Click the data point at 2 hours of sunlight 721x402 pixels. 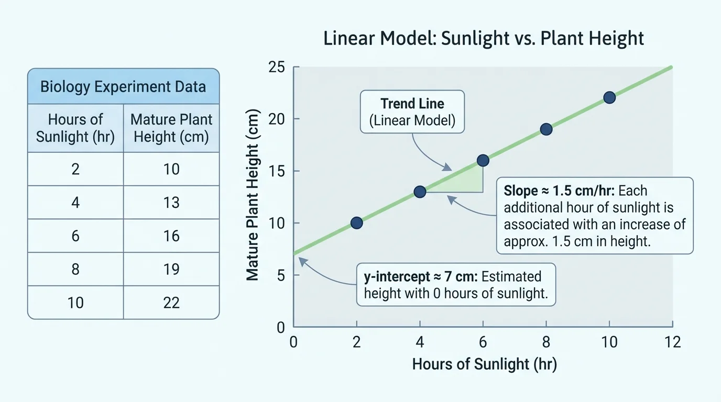(x=356, y=223)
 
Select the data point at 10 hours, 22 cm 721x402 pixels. (x=609, y=97)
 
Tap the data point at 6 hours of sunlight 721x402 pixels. (x=483, y=160)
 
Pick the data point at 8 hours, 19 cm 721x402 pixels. (x=546, y=129)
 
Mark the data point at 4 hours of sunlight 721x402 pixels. (x=420, y=192)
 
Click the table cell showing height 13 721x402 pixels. (x=171, y=203)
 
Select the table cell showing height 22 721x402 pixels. (x=171, y=303)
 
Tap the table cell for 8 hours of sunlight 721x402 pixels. (x=75, y=269)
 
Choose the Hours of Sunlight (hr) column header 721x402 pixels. (x=75, y=128)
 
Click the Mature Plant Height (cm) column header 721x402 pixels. (x=171, y=128)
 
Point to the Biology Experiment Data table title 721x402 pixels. (x=123, y=86)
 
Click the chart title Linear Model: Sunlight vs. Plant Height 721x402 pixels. (x=483, y=39)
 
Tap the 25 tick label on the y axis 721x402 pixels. (x=276, y=67)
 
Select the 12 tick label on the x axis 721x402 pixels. (x=672, y=342)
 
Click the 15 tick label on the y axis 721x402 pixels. (x=276, y=171)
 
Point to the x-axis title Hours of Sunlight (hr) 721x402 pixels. (x=484, y=364)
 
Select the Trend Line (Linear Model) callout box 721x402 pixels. (x=412, y=112)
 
